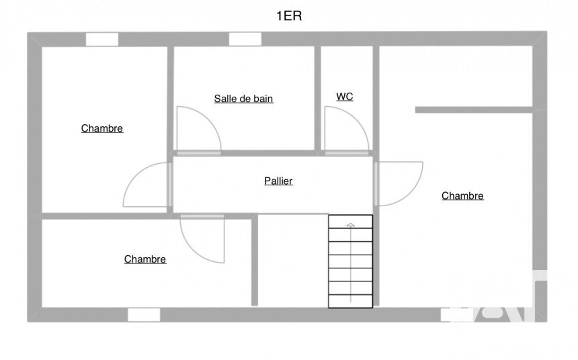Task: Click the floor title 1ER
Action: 289,17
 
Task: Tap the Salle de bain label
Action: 243,99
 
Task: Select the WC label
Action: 345,97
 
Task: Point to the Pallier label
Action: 278,181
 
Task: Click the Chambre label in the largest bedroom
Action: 462,196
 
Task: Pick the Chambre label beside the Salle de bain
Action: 102,128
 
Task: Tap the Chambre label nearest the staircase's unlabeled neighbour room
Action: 145,259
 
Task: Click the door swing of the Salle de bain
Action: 198,130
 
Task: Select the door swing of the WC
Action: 345,130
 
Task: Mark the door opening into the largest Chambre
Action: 398,183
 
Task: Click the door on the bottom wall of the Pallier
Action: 202,238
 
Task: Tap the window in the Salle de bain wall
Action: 245,39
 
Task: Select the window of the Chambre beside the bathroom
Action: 102,39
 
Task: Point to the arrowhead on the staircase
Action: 350,224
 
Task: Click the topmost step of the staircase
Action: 350,222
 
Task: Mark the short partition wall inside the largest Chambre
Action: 474,109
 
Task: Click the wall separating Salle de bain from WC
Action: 318,98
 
